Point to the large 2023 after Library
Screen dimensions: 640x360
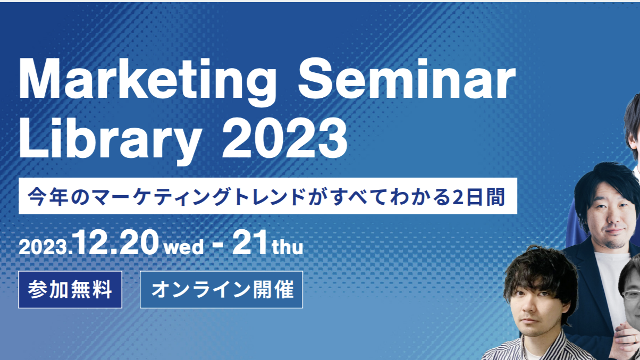pyautogui.click(x=284, y=138)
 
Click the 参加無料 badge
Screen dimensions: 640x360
pyautogui.click(x=70, y=289)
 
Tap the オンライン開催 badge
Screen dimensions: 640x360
pyautogui.click(x=221, y=289)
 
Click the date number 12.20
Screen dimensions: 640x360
pyautogui.click(x=115, y=243)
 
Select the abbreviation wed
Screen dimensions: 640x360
pyautogui.click(x=184, y=247)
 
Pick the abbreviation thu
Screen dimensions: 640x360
pyautogui.click(x=288, y=247)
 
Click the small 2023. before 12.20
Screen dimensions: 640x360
pyautogui.click(x=45, y=247)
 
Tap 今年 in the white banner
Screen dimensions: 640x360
pyautogui.click(x=47, y=197)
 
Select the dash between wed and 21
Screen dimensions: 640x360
pyautogui.click(x=218, y=245)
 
